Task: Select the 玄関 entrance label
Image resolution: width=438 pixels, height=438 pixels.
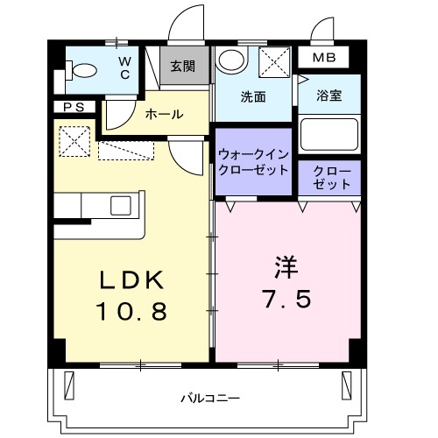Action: coord(183,66)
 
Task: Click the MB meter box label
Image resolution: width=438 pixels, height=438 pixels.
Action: coord(322,58)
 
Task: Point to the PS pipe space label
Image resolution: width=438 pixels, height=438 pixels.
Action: coord(73,107)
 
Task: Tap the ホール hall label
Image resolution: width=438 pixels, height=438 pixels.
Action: coord(164,114)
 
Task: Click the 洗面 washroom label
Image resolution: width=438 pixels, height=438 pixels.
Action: coord(253,97)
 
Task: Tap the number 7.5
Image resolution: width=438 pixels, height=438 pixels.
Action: coord(285,300)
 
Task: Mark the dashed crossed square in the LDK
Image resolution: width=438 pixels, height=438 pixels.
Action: coord(74,140)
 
